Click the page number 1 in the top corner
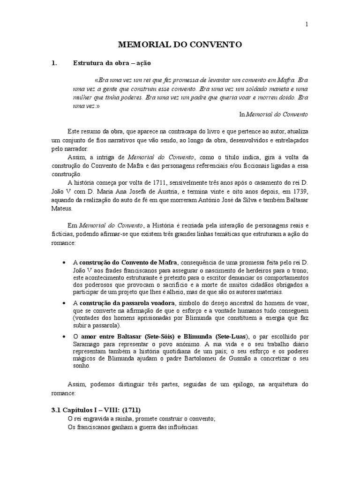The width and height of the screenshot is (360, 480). [x=306, y=25]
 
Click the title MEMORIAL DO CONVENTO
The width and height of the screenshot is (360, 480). [x=180, y=45]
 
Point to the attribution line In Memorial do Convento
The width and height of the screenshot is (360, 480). [x=274, y=114]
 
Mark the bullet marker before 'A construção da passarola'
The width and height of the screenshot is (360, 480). [x=64, y=303]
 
